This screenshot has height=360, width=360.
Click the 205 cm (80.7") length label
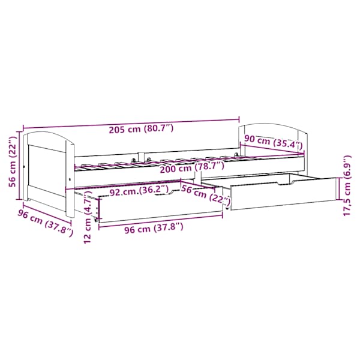click(141, 129)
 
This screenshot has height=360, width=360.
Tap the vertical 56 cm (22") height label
click(13, 162)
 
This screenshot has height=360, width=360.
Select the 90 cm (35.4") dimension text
click(273, 142)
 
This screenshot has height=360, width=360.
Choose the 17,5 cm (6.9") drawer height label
click(347, 185)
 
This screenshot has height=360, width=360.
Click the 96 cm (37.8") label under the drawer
click(154, 229)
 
